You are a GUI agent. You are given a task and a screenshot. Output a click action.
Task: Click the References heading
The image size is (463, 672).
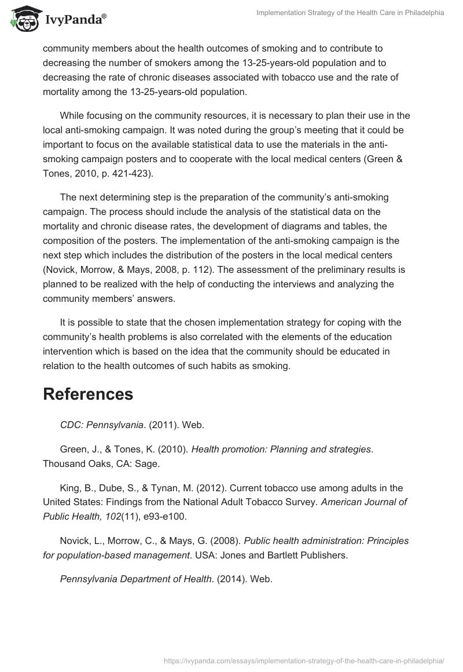coord(88,395)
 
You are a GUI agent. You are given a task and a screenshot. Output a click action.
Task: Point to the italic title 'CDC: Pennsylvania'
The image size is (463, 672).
coord(101,425)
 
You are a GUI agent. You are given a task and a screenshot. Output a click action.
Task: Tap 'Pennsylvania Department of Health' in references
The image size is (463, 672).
coord(135,579)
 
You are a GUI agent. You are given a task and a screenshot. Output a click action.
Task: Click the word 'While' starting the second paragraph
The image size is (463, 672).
coord(72,115)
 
